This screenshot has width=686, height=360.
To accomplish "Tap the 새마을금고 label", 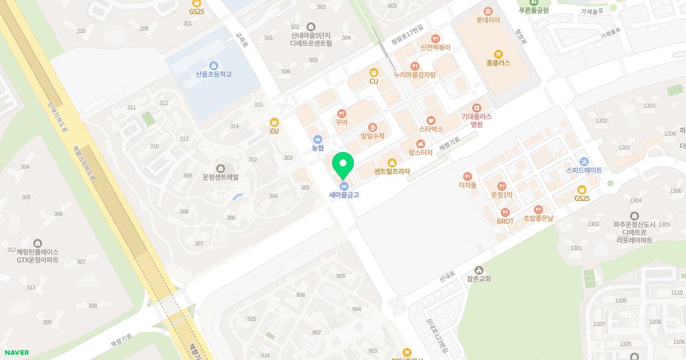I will (344, 195).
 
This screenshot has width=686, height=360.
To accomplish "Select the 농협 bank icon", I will (318, 139).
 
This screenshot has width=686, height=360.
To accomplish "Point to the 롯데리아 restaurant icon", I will (488, 11).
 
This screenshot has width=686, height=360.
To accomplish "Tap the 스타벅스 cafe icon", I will (431, 120).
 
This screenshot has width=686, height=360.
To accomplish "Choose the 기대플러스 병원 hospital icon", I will (477, 107).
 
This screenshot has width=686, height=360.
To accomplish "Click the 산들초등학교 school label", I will (214, 74).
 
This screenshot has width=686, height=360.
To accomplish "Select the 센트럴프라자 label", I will (392, 171).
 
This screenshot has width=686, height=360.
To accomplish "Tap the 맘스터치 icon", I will (421, 144).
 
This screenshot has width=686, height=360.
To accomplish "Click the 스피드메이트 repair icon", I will (584, 161).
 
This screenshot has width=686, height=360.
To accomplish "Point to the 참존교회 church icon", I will (478, 270).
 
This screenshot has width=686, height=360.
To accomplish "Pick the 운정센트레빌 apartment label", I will (220, 177).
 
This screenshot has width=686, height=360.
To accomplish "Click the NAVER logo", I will (17, 353).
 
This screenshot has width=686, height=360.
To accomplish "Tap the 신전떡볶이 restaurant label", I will (435, 47).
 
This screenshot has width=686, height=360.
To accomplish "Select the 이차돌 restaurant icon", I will (468, 177).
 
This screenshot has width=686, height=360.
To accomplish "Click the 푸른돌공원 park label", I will (533, 10).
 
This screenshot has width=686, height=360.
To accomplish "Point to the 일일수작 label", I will (373, 136).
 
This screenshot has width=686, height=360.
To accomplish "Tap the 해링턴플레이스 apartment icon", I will (38, 243).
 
